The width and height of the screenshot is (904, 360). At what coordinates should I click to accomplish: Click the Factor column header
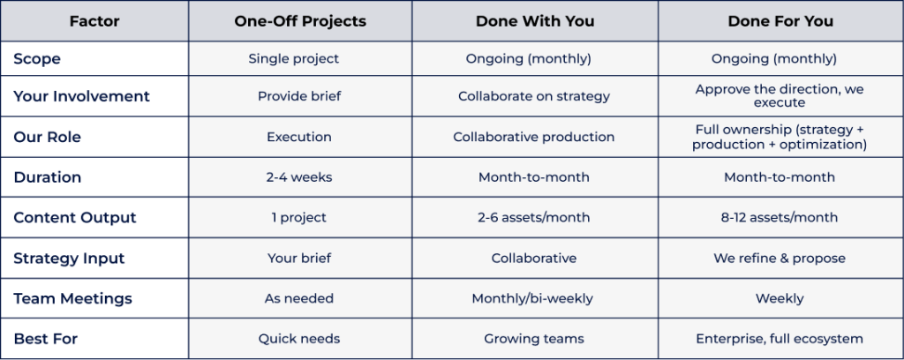tap(94, 21)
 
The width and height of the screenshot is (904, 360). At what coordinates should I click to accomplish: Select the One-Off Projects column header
tap(300, 21)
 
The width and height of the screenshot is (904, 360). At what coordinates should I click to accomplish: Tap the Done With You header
tap(534, 21)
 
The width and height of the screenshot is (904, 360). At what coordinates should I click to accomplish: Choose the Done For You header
tap(780, 21)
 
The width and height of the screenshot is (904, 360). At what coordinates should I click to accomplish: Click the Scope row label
tap(37, 59)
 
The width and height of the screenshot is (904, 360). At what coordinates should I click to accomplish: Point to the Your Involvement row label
tap(81, 96)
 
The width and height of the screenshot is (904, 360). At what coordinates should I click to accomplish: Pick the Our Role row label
tap(48, 137)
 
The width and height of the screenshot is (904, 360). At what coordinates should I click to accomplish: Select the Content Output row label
tap(75, 218)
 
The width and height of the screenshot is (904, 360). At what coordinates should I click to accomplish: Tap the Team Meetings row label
tap(72, 298)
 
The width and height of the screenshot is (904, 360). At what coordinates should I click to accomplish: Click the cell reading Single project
tap(293, 59)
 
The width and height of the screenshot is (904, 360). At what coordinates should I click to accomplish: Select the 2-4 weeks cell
tap(299, 177)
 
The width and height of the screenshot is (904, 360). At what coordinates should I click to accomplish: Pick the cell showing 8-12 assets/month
tap(780, 218)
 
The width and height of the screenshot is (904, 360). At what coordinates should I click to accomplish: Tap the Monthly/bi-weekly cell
tap(532, 298)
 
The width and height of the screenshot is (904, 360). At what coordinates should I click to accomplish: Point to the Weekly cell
tap(780, 298)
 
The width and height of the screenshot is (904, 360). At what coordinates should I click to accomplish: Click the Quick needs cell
tap(298, 339)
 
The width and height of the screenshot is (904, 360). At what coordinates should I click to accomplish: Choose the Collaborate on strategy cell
tap(534, 96)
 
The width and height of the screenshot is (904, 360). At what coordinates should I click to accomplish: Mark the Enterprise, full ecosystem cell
tap(780, 339)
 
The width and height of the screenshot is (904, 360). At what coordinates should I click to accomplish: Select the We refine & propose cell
tap(780, 258)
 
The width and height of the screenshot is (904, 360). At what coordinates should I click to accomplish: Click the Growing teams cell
tap(534, 339)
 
